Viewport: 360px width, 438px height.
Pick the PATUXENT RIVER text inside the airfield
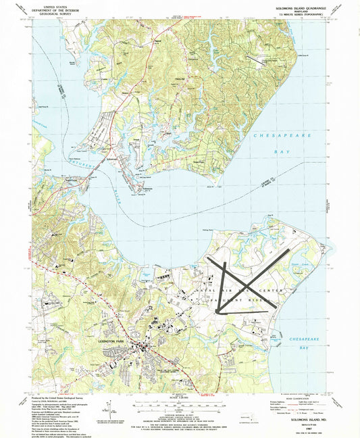coord(236,297)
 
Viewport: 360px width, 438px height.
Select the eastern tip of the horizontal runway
coord(276,303)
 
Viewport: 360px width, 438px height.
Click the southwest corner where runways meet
coord(217,311)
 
